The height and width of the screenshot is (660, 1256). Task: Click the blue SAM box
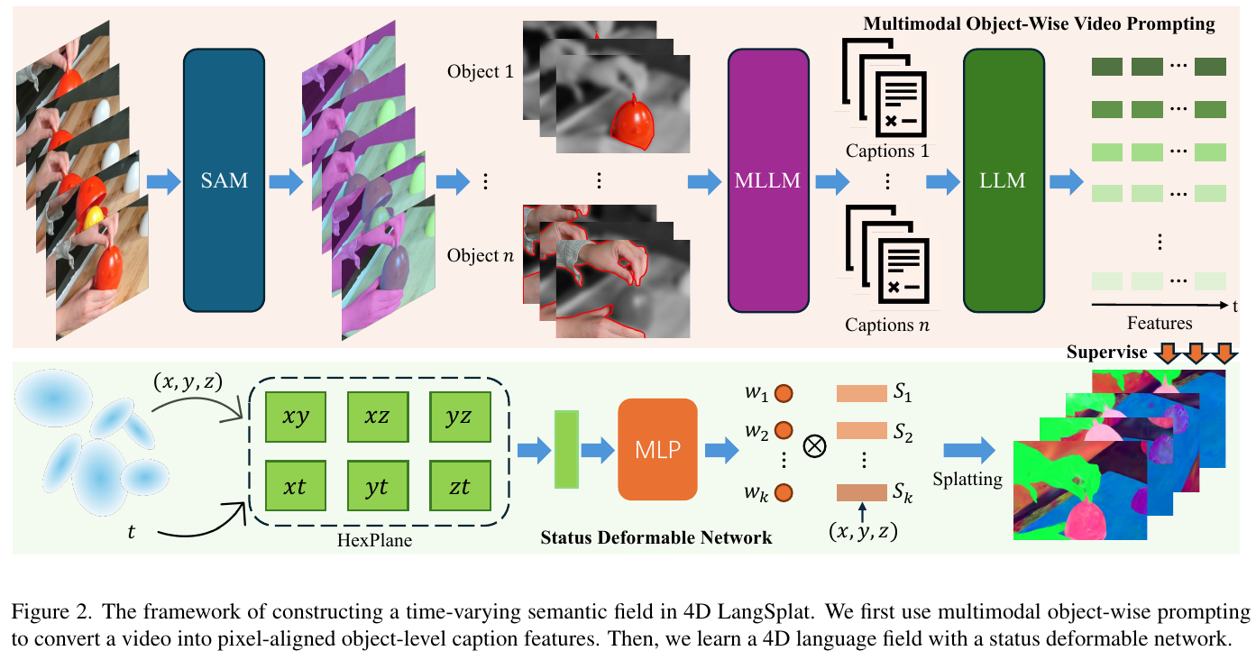(x=224, y=180)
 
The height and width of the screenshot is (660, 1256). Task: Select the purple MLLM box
(x=768, y=180)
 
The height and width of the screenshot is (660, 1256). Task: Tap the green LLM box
(x=1003, y=180)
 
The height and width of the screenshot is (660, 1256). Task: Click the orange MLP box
(x=657, y=449)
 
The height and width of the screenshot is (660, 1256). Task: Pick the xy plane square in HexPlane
(x=296, y=417)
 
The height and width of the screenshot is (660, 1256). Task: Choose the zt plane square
(x=459, y=488)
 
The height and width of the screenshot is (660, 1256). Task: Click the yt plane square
(x=377, y=488)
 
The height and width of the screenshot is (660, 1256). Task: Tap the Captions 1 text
(x=887, y=151)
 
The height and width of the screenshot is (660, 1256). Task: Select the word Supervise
(x=1106, y=352)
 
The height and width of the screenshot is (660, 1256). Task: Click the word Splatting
(x=968, y=479)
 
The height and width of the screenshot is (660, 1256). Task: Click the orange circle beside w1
(x=784, y=394)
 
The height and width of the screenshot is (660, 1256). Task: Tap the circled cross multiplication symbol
(x=814, y=448)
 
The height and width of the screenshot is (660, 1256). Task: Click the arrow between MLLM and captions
(x=832, y=182)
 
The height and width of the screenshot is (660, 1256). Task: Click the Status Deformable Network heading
(x=656, y=537)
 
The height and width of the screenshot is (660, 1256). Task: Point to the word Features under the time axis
(x=1160, y=323)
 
